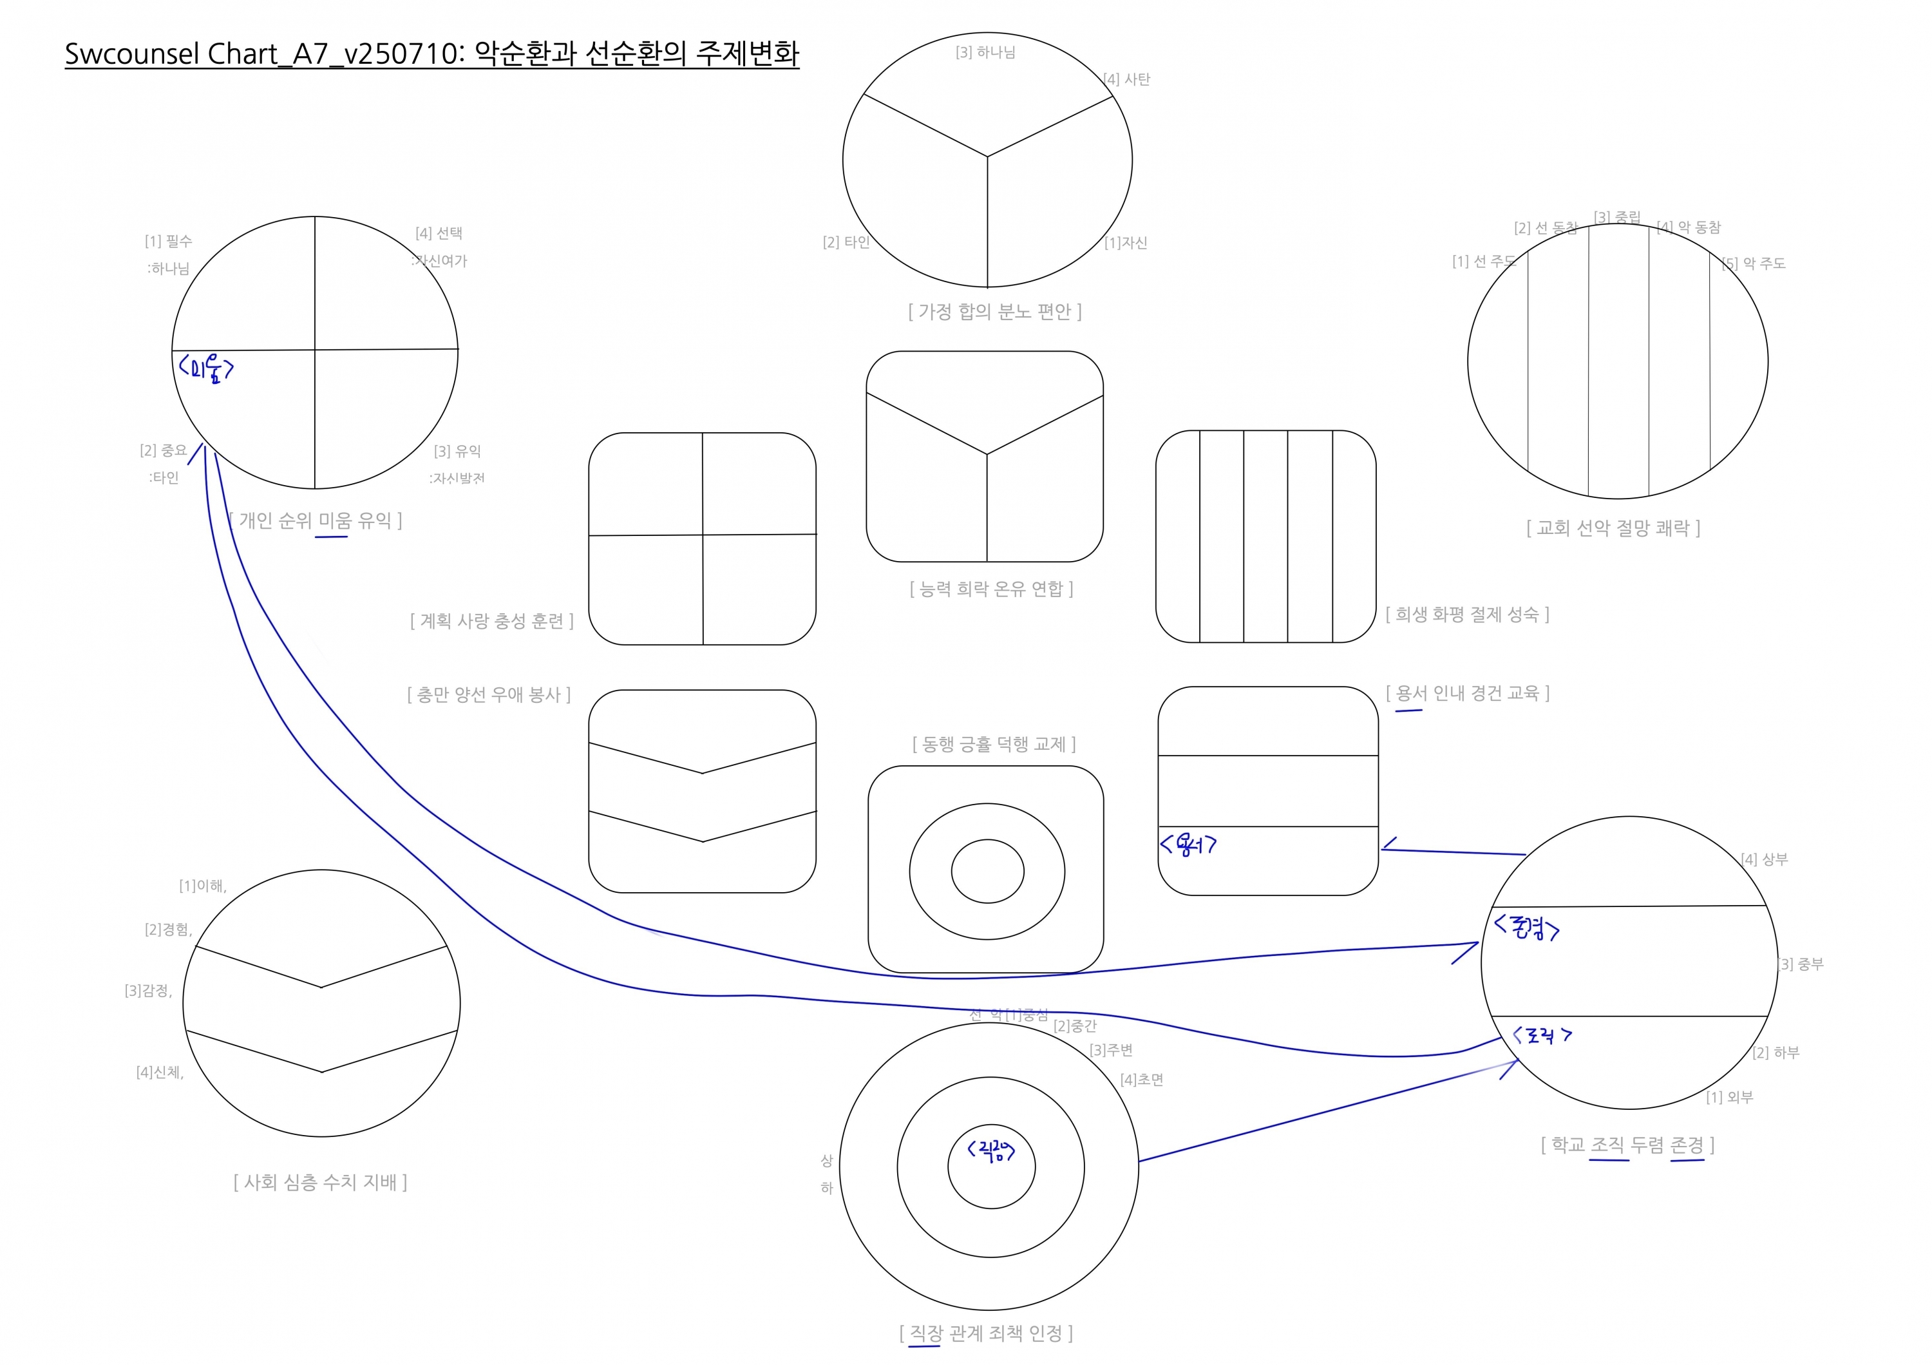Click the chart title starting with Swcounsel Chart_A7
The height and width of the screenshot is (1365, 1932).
coord(431,54)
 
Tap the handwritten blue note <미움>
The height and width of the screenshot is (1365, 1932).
coord(205,368)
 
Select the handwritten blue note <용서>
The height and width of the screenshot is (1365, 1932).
coord(1188,844)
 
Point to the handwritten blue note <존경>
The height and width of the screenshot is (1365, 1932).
coord(1526,928)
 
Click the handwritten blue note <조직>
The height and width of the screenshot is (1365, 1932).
coord(1542,1035)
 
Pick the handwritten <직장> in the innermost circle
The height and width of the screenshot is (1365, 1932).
coord(991,1150)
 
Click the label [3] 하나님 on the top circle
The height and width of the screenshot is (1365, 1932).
coord(985,52)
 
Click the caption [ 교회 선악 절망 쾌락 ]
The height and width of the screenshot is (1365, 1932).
coord(1613,528)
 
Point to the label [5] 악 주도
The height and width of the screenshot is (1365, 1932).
coord(1754,263)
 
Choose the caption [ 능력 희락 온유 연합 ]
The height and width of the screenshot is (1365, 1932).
coord(991,588)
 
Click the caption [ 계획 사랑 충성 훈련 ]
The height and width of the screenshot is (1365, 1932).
coord(491,620)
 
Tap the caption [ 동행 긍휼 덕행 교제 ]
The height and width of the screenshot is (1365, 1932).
coord(994,744)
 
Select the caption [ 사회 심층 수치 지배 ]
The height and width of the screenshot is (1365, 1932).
coord(320,1183)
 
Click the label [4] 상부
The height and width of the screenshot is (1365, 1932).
coord(1765,859)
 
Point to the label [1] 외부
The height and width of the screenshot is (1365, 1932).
coord(1729,1098)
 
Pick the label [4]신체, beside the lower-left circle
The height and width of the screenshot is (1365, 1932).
coord(160,1072)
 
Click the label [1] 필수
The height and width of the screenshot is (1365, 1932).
coord(168,242)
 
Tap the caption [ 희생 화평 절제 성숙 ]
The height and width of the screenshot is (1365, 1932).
coord(1466,615)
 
